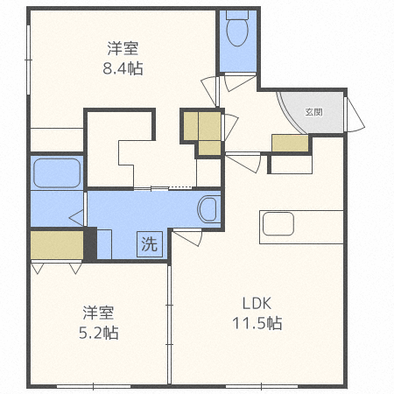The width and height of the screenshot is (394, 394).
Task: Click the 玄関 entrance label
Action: [314, 112]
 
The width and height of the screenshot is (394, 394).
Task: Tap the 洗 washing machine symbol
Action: [148, 244]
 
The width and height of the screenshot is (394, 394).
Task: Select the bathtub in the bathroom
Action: [57, 172]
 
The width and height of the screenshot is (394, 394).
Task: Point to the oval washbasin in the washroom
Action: [208, 209]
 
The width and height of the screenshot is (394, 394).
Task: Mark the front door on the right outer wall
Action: [355, 113]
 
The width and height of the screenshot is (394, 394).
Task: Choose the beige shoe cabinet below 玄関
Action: [291, 144]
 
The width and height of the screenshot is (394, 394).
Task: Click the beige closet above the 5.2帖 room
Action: [57, 245]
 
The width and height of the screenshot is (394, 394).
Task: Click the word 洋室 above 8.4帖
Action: [122, 46]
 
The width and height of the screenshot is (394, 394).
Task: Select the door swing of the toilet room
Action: [239, 82]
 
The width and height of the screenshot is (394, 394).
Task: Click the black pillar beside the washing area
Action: [89, 243]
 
